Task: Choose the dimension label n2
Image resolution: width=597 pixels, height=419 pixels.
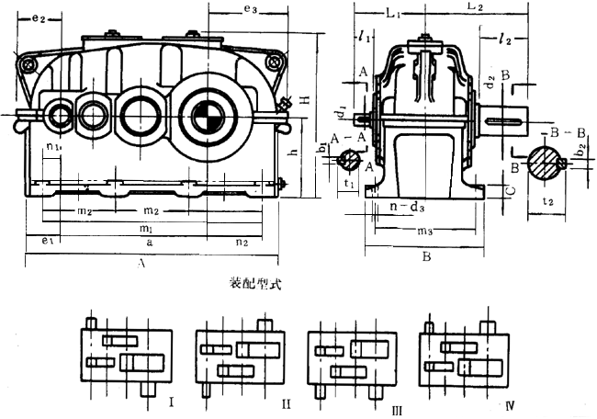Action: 242,243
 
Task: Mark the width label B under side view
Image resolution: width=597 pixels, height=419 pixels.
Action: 426,258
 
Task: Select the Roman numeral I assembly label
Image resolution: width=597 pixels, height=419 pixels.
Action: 173,401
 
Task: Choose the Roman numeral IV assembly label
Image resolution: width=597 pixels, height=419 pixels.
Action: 510,402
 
